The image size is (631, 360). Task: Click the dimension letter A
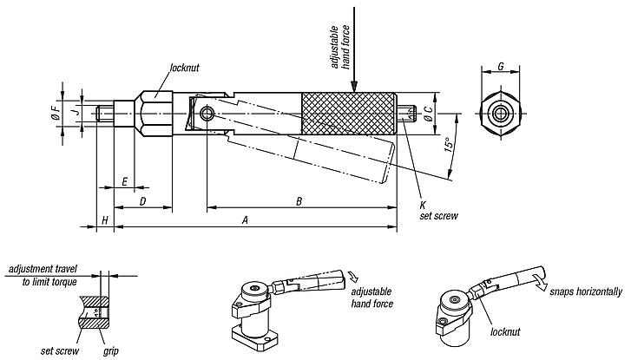246,220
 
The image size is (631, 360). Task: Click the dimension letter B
299,201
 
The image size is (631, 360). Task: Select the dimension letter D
142,201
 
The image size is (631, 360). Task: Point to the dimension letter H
105,220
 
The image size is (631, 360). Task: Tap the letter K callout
424,205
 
